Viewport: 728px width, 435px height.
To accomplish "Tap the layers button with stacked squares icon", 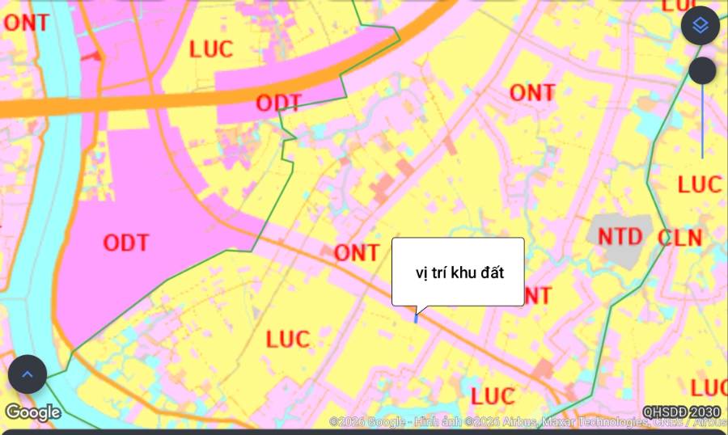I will (x=700, y=25).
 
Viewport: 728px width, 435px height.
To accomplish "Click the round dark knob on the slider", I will (x=702, y=71).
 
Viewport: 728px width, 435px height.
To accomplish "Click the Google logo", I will (x=33, y=412).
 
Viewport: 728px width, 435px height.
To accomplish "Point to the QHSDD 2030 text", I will (x=681, y=412).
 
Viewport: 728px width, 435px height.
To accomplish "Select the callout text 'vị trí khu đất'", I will (x=459, y=272).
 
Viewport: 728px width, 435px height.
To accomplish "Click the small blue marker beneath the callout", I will (x=416, y=318).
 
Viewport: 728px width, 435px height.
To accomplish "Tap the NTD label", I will (x=620, y=237).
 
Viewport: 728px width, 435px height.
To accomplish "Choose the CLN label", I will (x=679, y=239).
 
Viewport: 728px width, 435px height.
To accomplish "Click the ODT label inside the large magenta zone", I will (x=126, y=242).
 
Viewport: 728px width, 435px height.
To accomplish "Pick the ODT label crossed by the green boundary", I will (x=278, y=103).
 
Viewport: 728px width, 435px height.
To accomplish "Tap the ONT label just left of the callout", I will (x=356, y=253).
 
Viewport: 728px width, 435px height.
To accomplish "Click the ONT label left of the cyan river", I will (x=26, y=23).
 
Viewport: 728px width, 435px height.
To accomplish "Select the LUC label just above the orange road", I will (x=211, y=49).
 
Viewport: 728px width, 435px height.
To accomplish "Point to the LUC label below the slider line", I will (x=699, y=184).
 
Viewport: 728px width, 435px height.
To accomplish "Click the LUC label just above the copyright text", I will (x=493, y=396).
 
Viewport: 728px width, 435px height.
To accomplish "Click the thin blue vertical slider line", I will (x=702, y=121).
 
